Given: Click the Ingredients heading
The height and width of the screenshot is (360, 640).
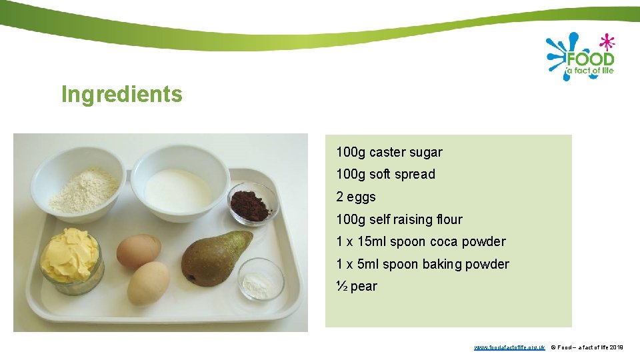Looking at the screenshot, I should pos(121,94).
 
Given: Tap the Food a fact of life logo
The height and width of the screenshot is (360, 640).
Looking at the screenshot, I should pos(579,57).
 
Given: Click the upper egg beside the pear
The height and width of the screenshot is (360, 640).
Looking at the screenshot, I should pos(139,251).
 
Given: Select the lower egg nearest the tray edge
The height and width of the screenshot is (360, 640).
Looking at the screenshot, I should pos(148,283).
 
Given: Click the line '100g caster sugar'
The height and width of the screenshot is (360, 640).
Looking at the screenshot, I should pos(389,152).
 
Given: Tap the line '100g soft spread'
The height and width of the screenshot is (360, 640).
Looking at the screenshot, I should pos(385,174).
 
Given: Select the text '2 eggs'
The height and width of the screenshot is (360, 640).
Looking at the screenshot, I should pos(356,197).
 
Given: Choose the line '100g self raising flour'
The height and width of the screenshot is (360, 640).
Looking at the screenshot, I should pos(399,219).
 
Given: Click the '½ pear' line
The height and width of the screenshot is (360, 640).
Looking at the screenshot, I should pos(357,286).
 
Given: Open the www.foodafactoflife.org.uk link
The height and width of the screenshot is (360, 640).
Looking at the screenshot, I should pos(509,347).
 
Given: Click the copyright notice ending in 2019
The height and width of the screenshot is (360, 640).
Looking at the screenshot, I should pos(587,347).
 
